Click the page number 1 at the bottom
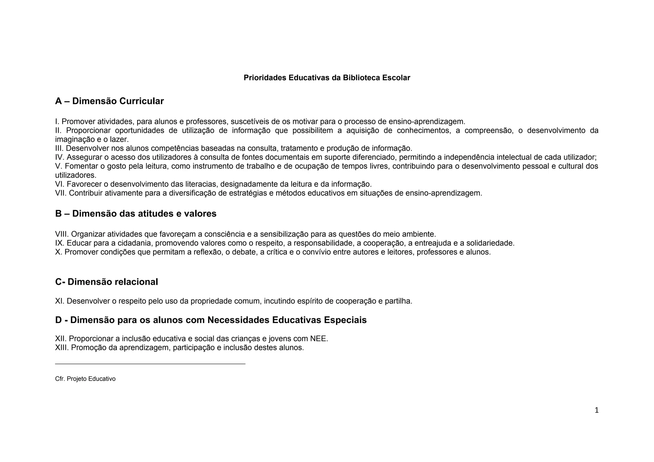click(596, 410)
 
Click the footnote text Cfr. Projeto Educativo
click(85, 379)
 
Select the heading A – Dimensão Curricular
click(109, 101)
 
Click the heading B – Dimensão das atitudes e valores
click(136, 214)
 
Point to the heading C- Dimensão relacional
click(106, 282)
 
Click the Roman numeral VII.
click(61, 193)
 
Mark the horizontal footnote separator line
click(150, 364)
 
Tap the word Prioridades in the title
click(265, 78)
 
